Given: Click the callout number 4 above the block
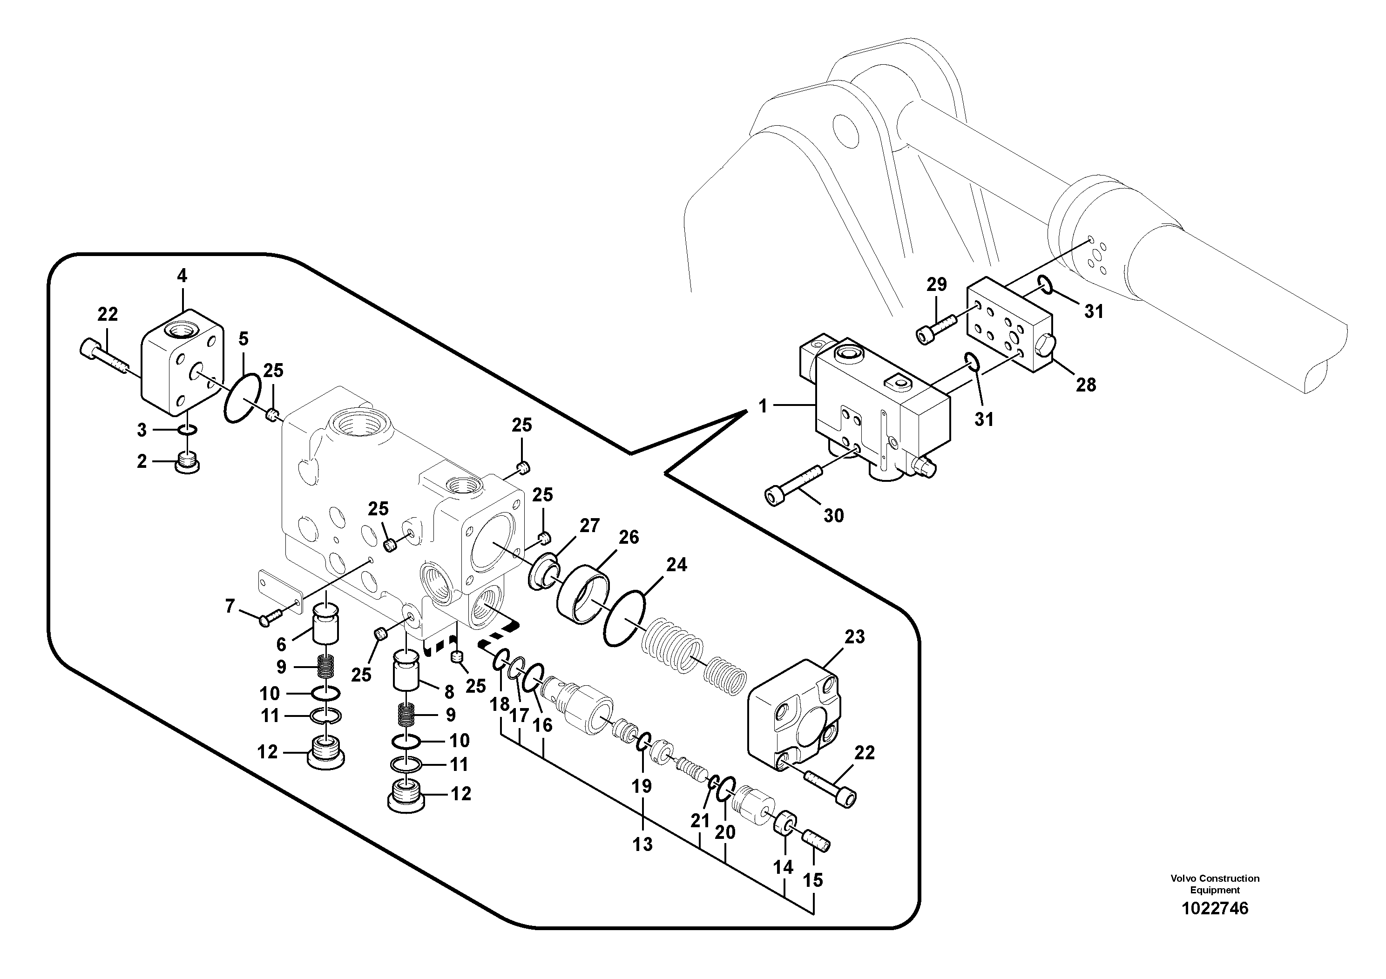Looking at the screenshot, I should (182, 277).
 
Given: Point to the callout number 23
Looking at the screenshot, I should (854, 637).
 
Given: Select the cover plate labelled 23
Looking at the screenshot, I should (794, 718).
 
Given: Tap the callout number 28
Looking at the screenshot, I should (1086, 385).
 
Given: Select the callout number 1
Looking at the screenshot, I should (763, 406).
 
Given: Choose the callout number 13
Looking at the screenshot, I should (642, 844).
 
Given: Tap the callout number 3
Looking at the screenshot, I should (141, 430).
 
